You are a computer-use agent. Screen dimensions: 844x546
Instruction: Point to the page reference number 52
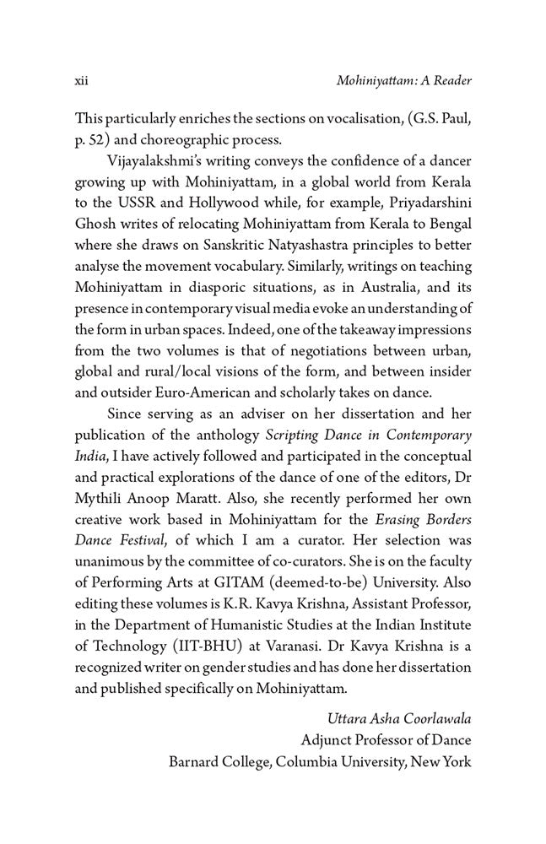coord(99,139)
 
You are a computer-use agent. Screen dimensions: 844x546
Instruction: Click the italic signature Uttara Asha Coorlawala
coord(398,720)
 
